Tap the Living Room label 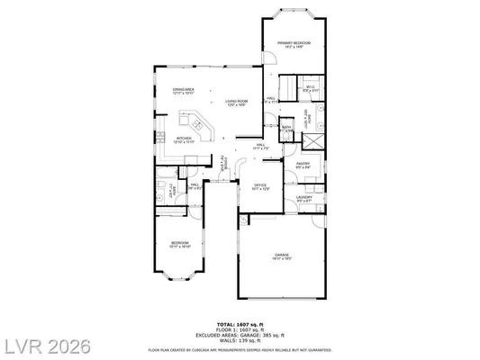[237, 103]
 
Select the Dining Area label [184, 92]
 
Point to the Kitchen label [184, 139]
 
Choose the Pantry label [303, 166]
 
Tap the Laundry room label [303, 199]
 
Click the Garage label [282, 256]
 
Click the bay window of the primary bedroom [294, 15]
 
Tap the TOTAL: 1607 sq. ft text [240, 323]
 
